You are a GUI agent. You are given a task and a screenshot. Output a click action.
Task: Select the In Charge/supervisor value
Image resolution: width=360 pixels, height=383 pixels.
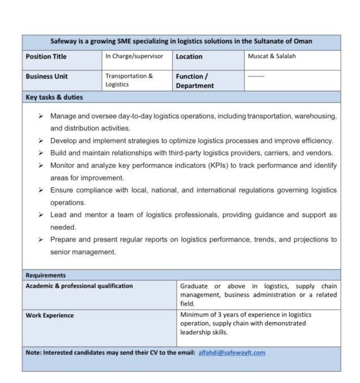pos(134,56)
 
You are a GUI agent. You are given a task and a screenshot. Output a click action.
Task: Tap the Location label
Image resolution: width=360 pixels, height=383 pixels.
pos(189,57)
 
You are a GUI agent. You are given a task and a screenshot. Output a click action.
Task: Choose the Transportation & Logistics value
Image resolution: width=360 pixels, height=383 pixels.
pos(129,80)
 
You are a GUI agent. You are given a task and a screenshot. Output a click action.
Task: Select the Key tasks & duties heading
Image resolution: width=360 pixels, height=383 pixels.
pos(54,97)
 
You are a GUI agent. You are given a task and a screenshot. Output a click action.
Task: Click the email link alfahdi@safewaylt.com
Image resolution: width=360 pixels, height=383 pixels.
pos(231,352)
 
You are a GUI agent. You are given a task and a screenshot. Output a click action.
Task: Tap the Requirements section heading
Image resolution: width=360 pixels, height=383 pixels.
pos(45,275)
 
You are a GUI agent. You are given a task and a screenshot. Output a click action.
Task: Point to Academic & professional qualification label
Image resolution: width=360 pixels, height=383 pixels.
pos(79,286)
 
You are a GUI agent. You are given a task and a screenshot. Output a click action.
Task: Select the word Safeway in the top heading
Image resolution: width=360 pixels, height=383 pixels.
pos(64,41)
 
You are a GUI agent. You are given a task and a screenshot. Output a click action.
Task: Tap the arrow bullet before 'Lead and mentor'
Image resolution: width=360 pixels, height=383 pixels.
pos(41,215)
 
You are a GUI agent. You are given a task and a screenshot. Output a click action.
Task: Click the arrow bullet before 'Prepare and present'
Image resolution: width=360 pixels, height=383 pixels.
pos(41,239)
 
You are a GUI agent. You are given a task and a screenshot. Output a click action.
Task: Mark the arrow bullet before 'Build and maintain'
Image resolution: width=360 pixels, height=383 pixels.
pos(41,153)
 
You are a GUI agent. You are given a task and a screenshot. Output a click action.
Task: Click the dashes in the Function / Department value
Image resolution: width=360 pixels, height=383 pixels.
pos(256,75)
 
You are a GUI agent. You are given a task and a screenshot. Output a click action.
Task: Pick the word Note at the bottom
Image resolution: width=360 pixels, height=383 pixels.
pos(33,352)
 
